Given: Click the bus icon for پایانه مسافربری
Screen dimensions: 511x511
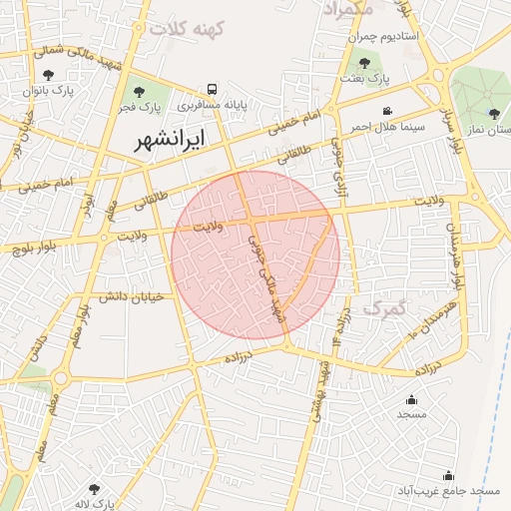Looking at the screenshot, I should tap(211, 90).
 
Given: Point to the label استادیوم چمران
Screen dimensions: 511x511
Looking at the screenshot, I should tap(389, 36).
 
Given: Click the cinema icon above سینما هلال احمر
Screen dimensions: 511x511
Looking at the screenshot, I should tap(388, 111).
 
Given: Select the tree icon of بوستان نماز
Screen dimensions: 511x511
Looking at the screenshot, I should tap(494, 114).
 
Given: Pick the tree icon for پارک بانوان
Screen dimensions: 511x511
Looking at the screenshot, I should tap(49, 74).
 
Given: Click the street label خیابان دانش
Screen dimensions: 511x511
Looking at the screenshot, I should tap(131, 295).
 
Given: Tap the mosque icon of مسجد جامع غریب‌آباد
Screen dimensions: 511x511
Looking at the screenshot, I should tap(448, 475).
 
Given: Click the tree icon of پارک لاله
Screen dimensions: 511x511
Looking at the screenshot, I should tap(94, 489).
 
